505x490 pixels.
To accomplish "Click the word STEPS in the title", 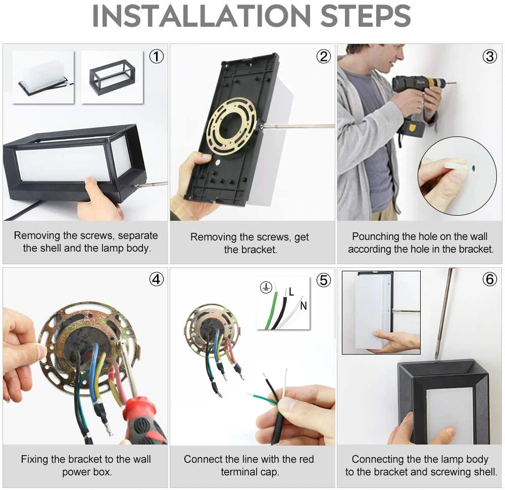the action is point(365,16).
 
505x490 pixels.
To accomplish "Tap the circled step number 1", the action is point(157,57).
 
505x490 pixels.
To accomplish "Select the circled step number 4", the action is point(157,279).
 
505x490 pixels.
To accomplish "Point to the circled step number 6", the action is point(489,279).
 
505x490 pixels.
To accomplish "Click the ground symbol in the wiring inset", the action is point(266,287).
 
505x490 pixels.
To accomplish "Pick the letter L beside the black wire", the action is point(291,292).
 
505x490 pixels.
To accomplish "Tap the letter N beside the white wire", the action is point(304,306).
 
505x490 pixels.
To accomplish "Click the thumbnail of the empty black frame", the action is point(113,77).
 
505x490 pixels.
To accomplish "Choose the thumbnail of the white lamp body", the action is point(43,77).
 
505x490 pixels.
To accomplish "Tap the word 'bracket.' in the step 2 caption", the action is point(250,250).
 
